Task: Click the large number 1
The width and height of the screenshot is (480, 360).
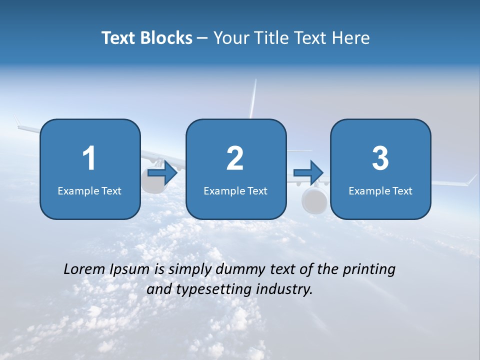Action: click(89, 158)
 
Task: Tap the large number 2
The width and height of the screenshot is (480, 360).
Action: click(235, 158)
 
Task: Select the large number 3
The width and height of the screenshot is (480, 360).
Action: click(380, 158)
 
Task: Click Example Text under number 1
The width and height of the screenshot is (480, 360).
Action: click(89, 191)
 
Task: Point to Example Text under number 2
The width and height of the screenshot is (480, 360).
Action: click(235, 191)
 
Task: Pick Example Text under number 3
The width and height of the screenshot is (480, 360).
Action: click(380, 191)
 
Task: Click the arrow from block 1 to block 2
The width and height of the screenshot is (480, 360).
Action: click(163, 173)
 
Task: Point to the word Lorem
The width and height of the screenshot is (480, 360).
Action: click(85, 269)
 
